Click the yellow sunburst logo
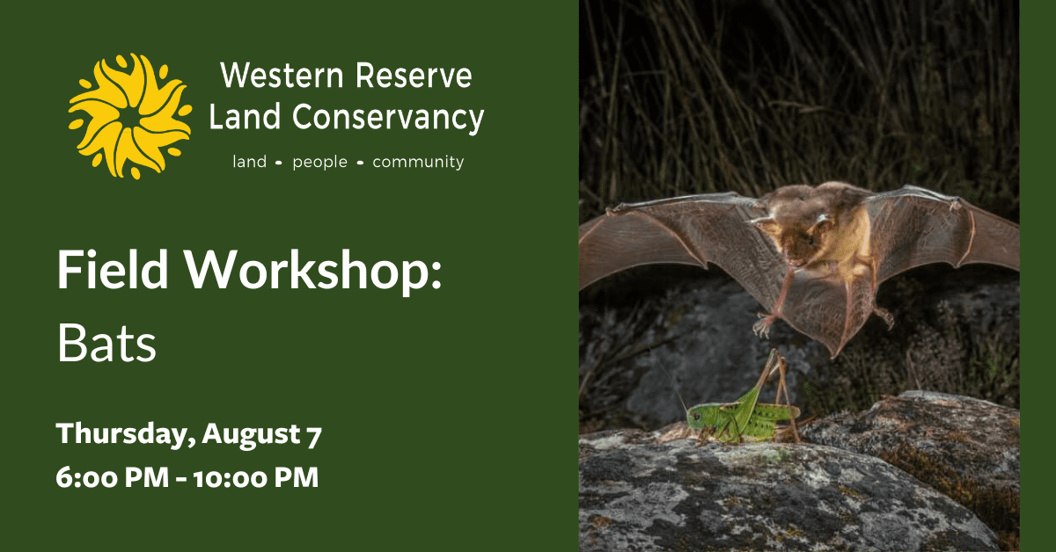pyautogui.click(x=129, y=116)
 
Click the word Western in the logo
pyautogui.click(x=282, y=76)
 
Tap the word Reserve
pyautogui.click(x=414, y=76)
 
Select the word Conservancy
pyautogui.click(x=388, y=118)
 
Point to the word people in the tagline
pyautogui.click(x=319, y=163)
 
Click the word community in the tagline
pyautogui.click(x=418, y=163)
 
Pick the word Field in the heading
pyautogui.click(x=113, y=269)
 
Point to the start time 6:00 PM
pyautogui.click(x=113, y=477)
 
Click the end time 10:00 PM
pyautogui.click(x=256, y=477)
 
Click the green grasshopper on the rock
pyautogui.click(x=743, y=405)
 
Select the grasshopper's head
pyautogui.click(x=696, y=418)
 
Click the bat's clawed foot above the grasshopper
pyautogui.click(x=764, y=325)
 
